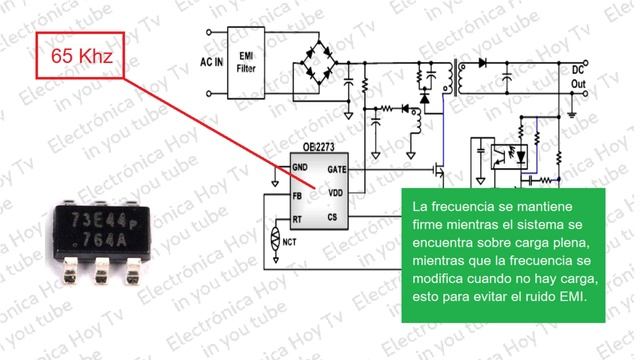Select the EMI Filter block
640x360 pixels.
tap(245, 62)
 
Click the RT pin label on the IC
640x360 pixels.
tap(297, 217)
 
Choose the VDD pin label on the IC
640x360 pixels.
tap(336, 191)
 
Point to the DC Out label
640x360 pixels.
tap(577, 78)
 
